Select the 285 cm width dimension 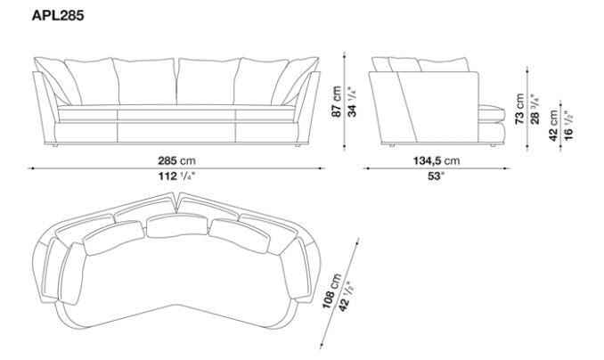[176, 160]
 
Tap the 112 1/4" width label [175, 176]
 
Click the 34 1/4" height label [351, 104]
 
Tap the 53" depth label [435, 176]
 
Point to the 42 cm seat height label [553, 124]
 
